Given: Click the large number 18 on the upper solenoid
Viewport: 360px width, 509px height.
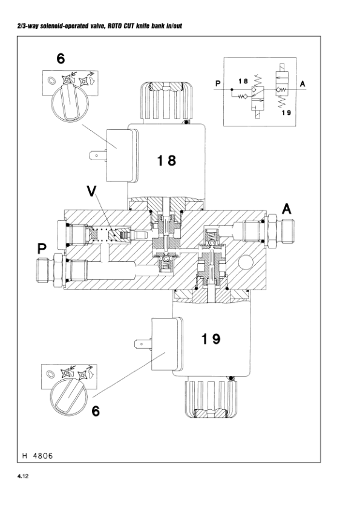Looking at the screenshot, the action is pos(166,160).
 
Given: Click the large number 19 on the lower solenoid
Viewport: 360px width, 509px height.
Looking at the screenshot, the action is pos(211,339).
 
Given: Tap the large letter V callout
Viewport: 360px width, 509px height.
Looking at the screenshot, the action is pos(91,192).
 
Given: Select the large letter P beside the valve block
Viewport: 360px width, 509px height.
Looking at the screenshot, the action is pos(42,249).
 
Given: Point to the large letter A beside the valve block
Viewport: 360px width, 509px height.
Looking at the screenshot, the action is pos(286,209).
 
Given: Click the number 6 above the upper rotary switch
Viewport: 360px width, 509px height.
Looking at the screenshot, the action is pos(61,59).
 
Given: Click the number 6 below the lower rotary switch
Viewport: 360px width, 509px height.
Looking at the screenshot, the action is pos(96,411).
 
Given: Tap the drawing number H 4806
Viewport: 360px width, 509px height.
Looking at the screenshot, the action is pos(38,456).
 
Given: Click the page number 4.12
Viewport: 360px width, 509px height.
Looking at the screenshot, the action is pos(23,476).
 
